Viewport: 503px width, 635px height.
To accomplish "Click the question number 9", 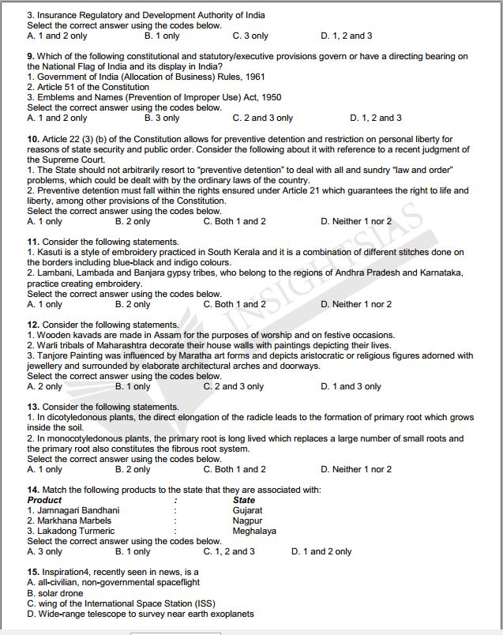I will point(31,57).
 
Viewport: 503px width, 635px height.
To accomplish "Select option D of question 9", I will point(375,118).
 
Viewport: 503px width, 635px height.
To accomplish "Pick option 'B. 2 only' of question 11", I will point(132,304).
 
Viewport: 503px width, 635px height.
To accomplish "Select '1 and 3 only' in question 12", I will point(351,387).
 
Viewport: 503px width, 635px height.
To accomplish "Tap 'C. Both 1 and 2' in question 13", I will point(234,469).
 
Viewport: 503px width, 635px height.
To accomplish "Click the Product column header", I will point(44,500).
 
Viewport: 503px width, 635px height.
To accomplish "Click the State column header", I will point(244,500).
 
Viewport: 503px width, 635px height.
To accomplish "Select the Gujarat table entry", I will point(247,510).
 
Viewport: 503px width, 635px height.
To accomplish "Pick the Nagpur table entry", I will point(247,520).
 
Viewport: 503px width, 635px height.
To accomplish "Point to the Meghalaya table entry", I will point(254,531).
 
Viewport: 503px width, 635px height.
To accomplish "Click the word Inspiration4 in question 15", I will point(67,572).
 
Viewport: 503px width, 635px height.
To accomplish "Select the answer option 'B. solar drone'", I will point(59,592).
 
